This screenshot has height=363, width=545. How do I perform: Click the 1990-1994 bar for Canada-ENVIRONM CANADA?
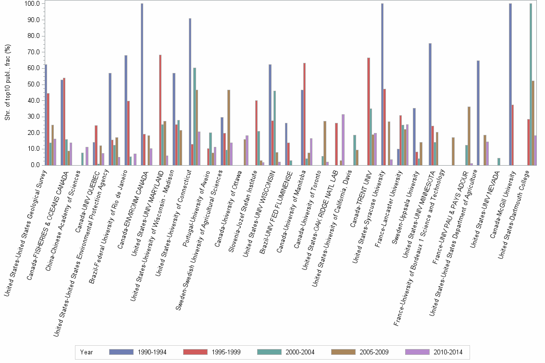click(x=142, y=84)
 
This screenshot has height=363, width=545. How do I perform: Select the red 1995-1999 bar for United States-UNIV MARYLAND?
click(x=160, y=110)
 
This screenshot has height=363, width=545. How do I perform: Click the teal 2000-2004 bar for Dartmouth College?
click(x=531, y=84)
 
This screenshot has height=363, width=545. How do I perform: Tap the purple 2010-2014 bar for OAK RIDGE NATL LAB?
click(x=342, y=140)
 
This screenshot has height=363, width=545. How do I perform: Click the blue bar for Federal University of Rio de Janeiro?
click(x=126, y=110)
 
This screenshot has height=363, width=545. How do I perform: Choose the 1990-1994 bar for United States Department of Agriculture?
click(x=478, y=113)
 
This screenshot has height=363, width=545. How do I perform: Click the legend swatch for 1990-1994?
click(x=121, y=352)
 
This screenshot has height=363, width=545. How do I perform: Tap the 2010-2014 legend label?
click(x=447, y=352)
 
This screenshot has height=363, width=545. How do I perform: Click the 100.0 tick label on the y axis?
click(x=31, y=4)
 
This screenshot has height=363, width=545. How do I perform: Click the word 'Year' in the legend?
click(x=87, y=352)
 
